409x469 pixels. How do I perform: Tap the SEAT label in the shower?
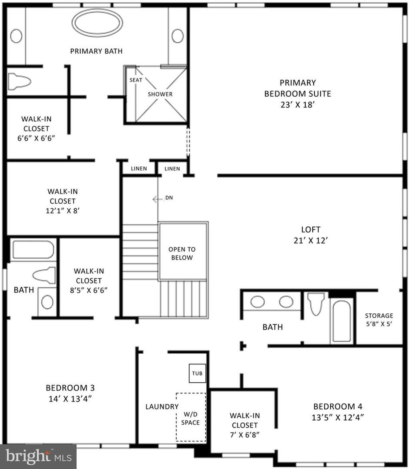click(136, 80)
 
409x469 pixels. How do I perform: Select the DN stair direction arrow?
click(158, 199)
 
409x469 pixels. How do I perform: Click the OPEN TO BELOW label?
click(182, 253)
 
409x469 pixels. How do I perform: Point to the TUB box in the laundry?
click(197, 373)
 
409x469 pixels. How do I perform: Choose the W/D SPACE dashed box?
click(191, 417)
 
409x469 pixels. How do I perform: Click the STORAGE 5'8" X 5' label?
click(379, 319)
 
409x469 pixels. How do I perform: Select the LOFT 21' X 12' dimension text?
click(311, 240)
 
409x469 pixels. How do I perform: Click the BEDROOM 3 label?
click(70, 388)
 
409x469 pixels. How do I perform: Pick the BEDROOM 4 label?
click(338, 406)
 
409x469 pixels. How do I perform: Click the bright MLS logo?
click(38, 457)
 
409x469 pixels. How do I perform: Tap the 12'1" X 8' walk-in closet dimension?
click(63, 211)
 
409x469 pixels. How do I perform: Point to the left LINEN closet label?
click(139, 169)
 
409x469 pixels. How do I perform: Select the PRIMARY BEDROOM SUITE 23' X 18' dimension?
click(297, 105)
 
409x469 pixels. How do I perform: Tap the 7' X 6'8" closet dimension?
click(244, 435)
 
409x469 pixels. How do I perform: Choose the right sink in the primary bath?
click(178, 36)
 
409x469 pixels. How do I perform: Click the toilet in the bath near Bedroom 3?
click(44, 275)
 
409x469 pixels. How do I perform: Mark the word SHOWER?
click(160, 94)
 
